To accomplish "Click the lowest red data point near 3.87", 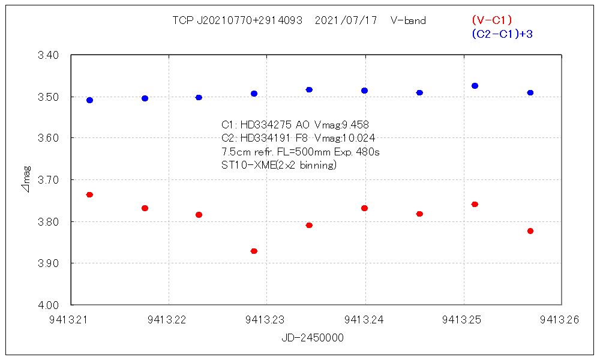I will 254,251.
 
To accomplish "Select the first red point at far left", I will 89,194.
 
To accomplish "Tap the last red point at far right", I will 530,231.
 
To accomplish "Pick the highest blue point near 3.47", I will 475,86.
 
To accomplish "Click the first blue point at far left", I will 89,100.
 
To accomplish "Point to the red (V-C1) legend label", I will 491,20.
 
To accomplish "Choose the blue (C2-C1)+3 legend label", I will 502,34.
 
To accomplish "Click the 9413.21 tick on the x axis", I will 71,320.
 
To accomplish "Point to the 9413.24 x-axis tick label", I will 365,320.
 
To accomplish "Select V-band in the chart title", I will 408,20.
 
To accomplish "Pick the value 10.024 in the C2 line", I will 358,139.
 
